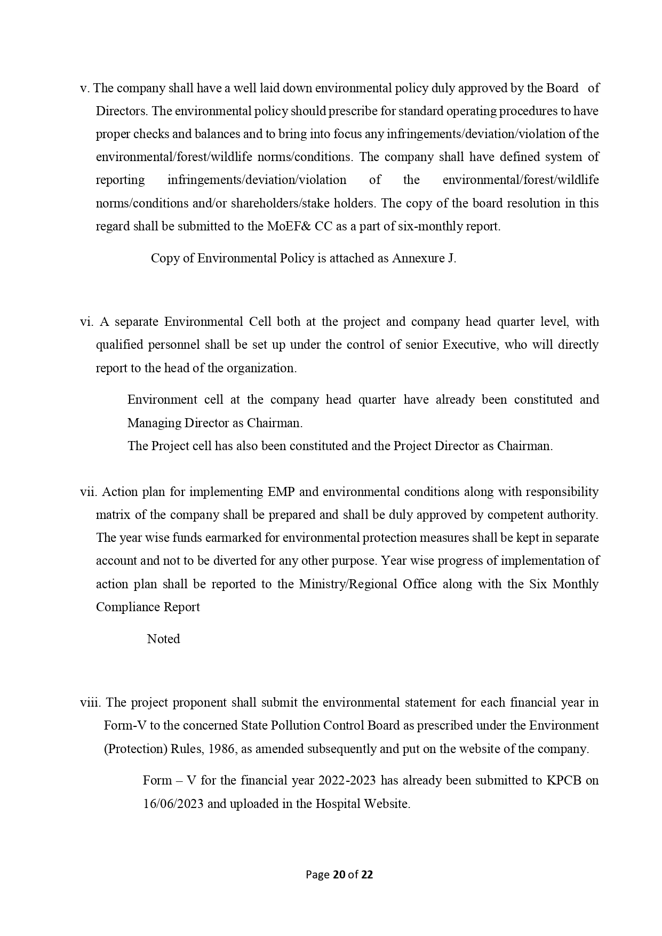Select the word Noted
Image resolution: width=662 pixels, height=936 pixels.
tap(163, 639)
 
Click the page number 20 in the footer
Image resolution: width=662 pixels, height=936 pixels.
tap(338, 875)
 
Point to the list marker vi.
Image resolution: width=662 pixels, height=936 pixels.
tap(86, 322)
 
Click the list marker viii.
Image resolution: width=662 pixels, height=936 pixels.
tap(91, 702)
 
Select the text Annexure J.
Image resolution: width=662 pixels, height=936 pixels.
tap(424, 258)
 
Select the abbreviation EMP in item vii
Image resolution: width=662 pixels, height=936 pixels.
tap(280, 491)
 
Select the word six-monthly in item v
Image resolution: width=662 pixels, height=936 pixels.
tap(430, 226)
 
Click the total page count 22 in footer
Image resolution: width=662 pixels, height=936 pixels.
tap(367, 875)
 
